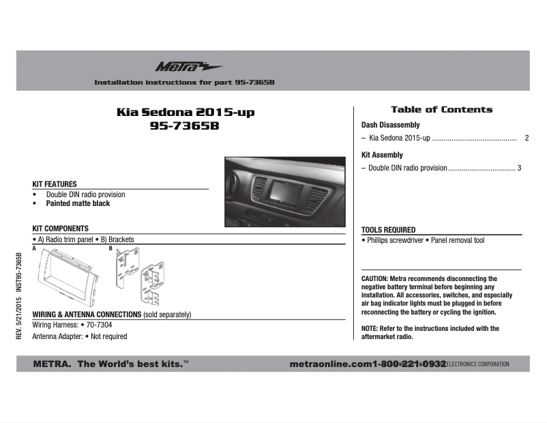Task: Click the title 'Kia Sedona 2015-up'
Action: [x=185, y=112]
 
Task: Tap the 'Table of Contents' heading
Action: [x=441, y=109]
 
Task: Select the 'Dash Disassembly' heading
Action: [x=390, y=126]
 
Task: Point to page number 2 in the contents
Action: [x=527, y=138]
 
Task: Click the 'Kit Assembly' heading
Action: [x=382, y=155]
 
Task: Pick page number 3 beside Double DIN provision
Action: [x=519, y=168]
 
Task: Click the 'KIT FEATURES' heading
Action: [x=55, y=184]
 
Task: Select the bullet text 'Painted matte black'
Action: [x=78, y=203]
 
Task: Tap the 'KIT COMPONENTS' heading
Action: [x=61, y=228]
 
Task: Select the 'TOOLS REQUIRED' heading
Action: [x=388, y=230]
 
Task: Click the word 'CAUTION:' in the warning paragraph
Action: [x=374, y=279]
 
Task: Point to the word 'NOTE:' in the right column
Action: [x=370, y=329]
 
